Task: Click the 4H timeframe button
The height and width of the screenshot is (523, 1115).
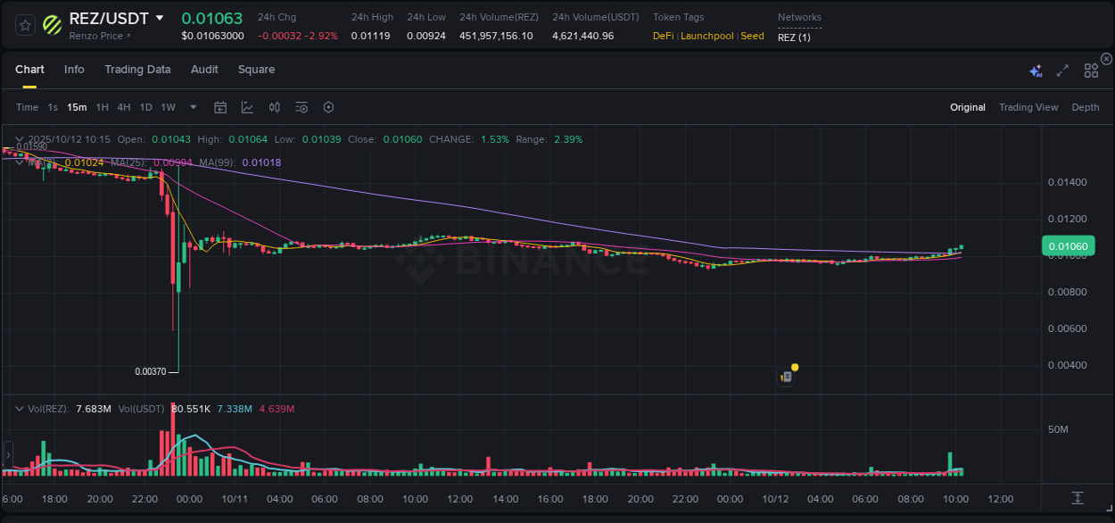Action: coord(124,107)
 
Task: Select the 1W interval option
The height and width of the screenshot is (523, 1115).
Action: coord(168,107)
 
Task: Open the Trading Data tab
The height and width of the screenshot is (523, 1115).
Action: coord(137,70)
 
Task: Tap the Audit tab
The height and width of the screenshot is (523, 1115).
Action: coord(204,70)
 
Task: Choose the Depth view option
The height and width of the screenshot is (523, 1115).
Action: coord(1085,107)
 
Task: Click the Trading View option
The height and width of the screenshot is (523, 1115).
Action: coord(1028,107)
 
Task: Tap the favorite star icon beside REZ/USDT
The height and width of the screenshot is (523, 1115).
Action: coord(26,25)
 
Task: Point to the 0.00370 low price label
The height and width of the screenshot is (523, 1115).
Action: coord(150,371)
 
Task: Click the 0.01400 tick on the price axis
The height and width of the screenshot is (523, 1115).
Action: coord(1067,182)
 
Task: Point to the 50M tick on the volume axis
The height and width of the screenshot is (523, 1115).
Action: coord(1058,429)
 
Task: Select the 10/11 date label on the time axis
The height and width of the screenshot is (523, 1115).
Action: coord(234,499)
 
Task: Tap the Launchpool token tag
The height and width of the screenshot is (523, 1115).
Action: coord(708,36)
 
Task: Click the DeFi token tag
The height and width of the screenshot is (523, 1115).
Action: coord(663,36)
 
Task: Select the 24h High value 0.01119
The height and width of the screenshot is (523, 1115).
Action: coord(370,36)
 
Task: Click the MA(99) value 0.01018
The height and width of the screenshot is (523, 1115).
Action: coord(261,162)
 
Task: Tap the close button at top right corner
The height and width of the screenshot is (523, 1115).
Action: coord(1106,59)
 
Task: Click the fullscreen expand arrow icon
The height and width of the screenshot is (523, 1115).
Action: coord(1062,71)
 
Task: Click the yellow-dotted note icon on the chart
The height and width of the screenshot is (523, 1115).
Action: coord(787,376)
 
